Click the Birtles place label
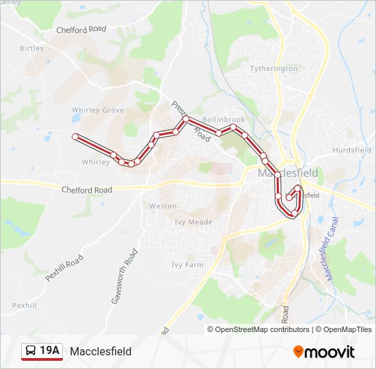[31, 49]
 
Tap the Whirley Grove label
[98, 110]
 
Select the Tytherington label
[273, 68]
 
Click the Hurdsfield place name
[351, 150]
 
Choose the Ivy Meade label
[193, 222]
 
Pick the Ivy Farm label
[187, 265]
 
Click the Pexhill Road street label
[64, 269]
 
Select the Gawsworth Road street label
[124, 276]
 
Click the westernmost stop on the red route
[75, 137]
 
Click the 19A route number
[50, 351]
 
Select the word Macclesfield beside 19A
[100, 351]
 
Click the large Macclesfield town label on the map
[288, 174]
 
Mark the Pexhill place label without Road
[24, 305]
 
